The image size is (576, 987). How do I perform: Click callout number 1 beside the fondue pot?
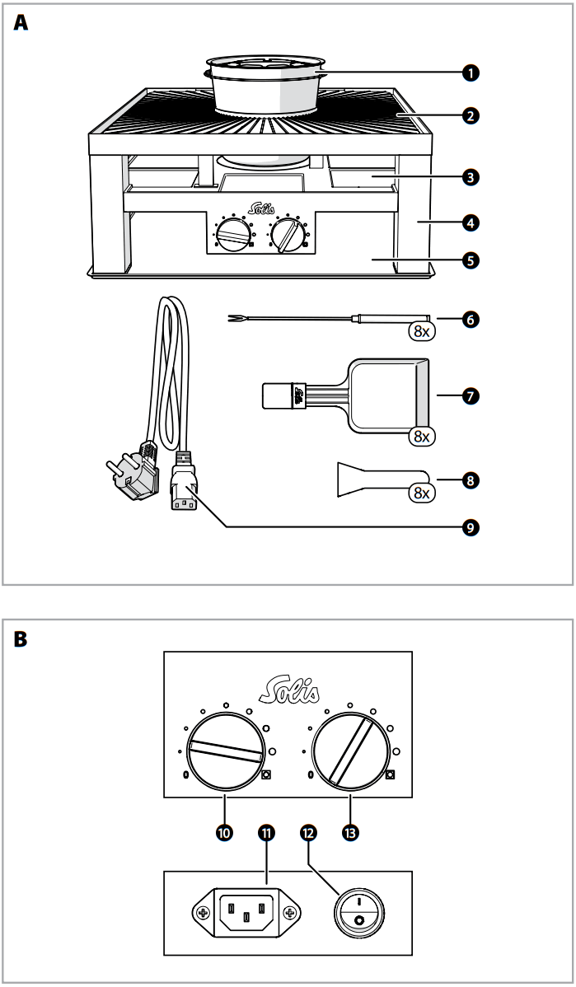click(x=470, y=73)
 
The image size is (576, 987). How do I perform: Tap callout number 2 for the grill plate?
click(x=470, y=115)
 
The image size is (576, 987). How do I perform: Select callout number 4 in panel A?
click(x=470, y=222)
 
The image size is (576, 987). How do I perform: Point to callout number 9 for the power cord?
click(x=470, y=526)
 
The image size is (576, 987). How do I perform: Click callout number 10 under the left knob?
click(x=223, y=833)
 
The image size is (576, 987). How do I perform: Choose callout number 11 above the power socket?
click(x=266, y=833)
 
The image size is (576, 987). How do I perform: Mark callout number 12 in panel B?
click(x=309, y=833)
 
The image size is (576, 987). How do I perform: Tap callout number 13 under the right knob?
click(x=351, y=833)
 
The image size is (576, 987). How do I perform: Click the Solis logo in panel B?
click(x=288, y=685)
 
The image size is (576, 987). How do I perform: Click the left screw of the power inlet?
click(x=203, y=913)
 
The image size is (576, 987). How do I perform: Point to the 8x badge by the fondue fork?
click(x=421, y=332)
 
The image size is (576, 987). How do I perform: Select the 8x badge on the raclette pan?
click(x=421, y=436)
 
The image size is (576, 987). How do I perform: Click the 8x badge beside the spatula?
click(x=421, y=493)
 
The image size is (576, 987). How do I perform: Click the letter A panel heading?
click(x=21, y=24)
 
